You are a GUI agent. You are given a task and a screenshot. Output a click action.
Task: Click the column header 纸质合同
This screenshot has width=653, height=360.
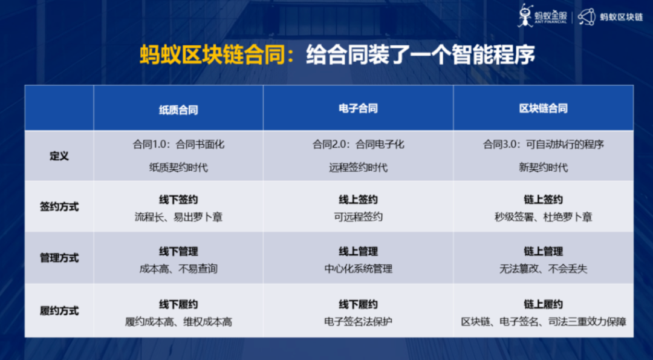point(178,110)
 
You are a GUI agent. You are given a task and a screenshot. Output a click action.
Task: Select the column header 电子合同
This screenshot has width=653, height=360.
point(358,109)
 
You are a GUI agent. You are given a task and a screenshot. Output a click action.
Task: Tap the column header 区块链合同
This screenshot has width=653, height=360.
point(543,109)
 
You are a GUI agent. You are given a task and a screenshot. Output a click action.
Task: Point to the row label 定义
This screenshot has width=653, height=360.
point(59,156)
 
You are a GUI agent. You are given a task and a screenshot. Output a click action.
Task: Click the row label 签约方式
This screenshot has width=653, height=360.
point(59,207)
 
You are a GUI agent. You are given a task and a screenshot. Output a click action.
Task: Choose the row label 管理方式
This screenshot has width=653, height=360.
point(59,258)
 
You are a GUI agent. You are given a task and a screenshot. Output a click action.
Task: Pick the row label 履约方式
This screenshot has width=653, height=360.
point(59,311)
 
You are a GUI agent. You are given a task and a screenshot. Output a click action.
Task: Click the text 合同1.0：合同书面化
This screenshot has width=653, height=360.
point(178,145)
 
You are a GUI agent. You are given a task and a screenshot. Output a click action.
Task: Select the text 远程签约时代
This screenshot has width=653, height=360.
point(358,168)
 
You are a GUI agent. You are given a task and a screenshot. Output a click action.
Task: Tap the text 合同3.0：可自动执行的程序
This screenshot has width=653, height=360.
point(543,145)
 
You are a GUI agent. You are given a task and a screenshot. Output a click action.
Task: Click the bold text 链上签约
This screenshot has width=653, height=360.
point(543,200)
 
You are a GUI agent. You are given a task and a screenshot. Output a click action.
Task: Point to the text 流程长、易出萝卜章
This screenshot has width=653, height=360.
point(178,217)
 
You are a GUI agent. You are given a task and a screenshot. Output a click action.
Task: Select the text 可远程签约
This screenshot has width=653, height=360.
point(358,217)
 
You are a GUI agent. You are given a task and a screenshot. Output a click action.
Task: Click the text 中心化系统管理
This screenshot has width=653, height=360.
point(358,269)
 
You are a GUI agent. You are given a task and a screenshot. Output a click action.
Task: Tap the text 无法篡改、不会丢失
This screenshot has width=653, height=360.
point(543,269)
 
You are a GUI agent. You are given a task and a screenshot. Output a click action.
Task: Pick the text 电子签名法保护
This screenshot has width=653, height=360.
point(358,322)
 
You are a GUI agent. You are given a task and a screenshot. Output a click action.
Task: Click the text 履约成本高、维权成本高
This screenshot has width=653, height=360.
point(178,322)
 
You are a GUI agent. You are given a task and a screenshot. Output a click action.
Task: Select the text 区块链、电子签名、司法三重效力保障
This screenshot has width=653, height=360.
point(543,322)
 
